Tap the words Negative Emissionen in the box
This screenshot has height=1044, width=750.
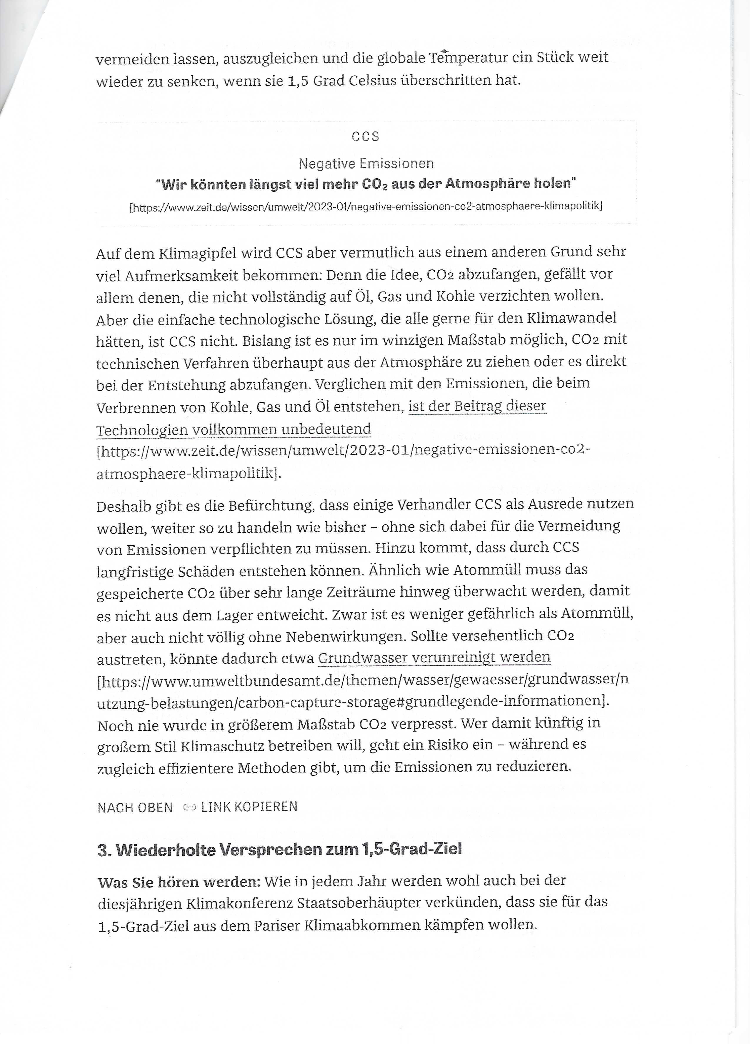point(366,163)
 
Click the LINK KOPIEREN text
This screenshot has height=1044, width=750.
point(249,807)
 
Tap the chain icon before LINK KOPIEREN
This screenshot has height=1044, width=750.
point(190,807)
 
